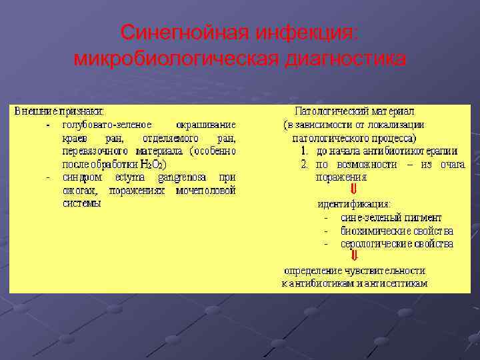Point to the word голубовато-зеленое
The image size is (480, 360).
(106, 125)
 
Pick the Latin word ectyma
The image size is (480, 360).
(138, 177)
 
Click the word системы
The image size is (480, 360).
(81, 203)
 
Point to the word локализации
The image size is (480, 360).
(397, 125)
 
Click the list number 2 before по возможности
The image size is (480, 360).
(304, 164)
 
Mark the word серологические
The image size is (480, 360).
(374, 243)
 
